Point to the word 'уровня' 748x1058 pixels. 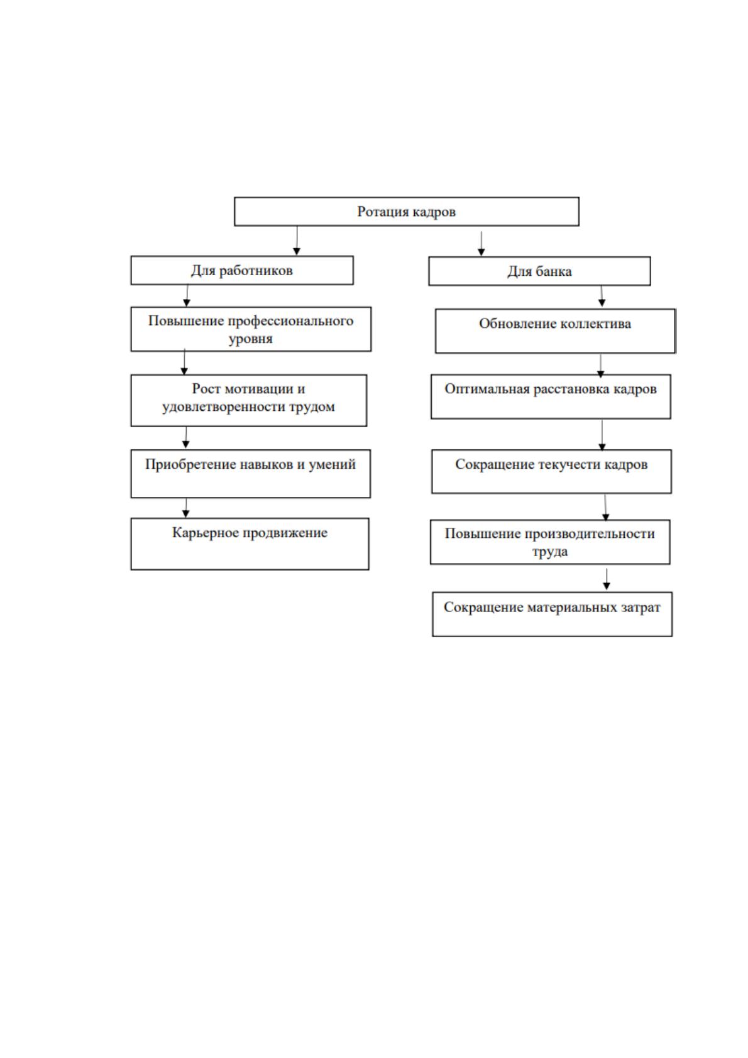pyautogui.click(x=250, y=339)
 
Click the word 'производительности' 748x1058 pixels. pyautogui.click(x=590, y=534)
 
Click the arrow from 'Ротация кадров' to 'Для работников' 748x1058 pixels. pyautogui.click(x=297, y=241)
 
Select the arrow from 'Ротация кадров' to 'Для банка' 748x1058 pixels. pyautogui.click(x=481, y=244)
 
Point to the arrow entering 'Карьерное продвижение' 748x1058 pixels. pyautogui.click(x=185, y=508)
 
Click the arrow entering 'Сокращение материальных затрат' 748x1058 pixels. pyautogui.click(x=607, y=579)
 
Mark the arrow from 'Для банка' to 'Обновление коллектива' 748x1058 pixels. pyautogui.click(x=602, y=296)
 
